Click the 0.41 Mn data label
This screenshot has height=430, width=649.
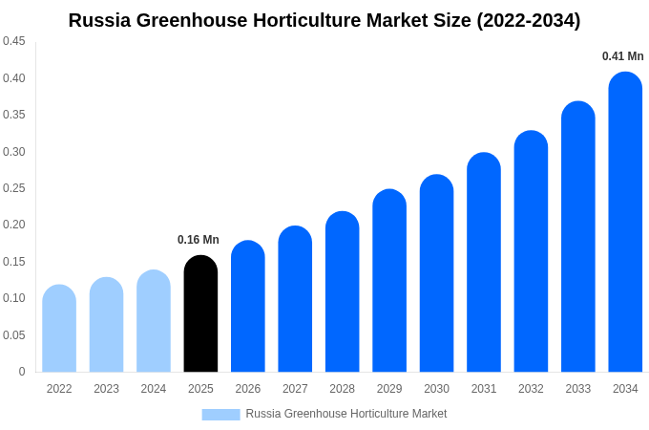tap(622, 56)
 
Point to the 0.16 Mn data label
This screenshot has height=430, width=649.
tap(199, 240)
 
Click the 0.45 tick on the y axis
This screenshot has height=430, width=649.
tap(14, 41)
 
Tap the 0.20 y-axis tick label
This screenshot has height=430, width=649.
tap(14, 225)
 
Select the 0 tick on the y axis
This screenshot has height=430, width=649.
tap(22, 372)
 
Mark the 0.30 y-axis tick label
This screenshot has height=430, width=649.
tap(14, 151)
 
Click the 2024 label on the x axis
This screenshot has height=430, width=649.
tap(154, 389)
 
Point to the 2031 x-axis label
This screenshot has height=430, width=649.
tap(484, 389)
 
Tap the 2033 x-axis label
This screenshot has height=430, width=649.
tap(578, 389)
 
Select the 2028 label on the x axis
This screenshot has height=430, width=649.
tap(342, 389)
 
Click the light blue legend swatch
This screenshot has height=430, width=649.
tap(220, 414)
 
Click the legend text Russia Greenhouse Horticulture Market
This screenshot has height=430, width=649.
tap(345, 414)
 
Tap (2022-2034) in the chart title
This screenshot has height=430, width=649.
tap(528, 20)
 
